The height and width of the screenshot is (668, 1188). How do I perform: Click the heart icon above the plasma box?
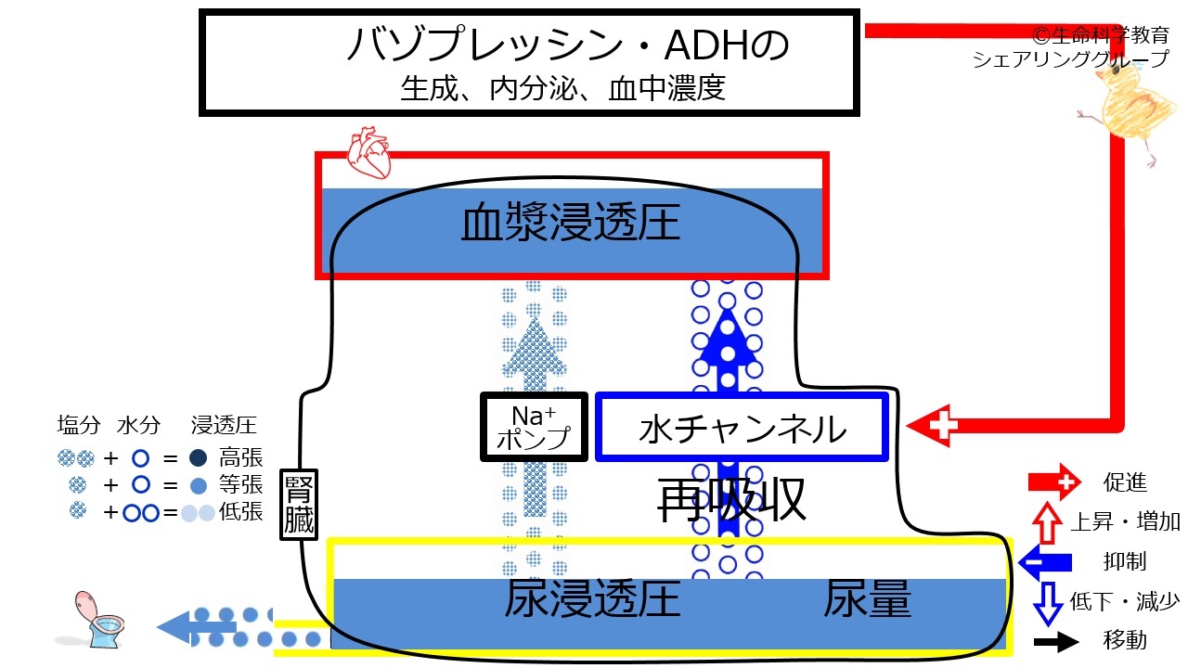[369, 153]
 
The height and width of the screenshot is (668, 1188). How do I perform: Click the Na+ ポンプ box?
[534, 427]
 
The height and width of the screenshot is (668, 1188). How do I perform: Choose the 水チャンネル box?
[742, 428]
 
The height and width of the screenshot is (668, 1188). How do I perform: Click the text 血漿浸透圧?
[571, 225]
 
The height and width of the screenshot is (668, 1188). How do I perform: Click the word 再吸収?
[730, 502]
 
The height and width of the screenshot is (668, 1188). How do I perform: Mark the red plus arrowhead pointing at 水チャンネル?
[933, 426]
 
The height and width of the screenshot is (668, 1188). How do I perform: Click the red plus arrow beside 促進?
[1053, 482]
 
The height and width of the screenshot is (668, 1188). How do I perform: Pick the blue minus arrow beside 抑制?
[1046, 560]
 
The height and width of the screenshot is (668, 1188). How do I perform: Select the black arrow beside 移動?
[1054, 641]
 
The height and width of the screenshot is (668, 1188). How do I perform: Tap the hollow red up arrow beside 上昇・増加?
[1047, 521]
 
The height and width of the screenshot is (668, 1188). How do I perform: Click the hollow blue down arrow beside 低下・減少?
[1047, 602]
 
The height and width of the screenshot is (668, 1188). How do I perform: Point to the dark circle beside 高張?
[197, 457]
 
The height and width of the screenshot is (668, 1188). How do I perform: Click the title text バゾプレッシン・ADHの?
[567, 45]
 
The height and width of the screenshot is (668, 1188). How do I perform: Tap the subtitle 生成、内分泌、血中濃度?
[562, 89]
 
